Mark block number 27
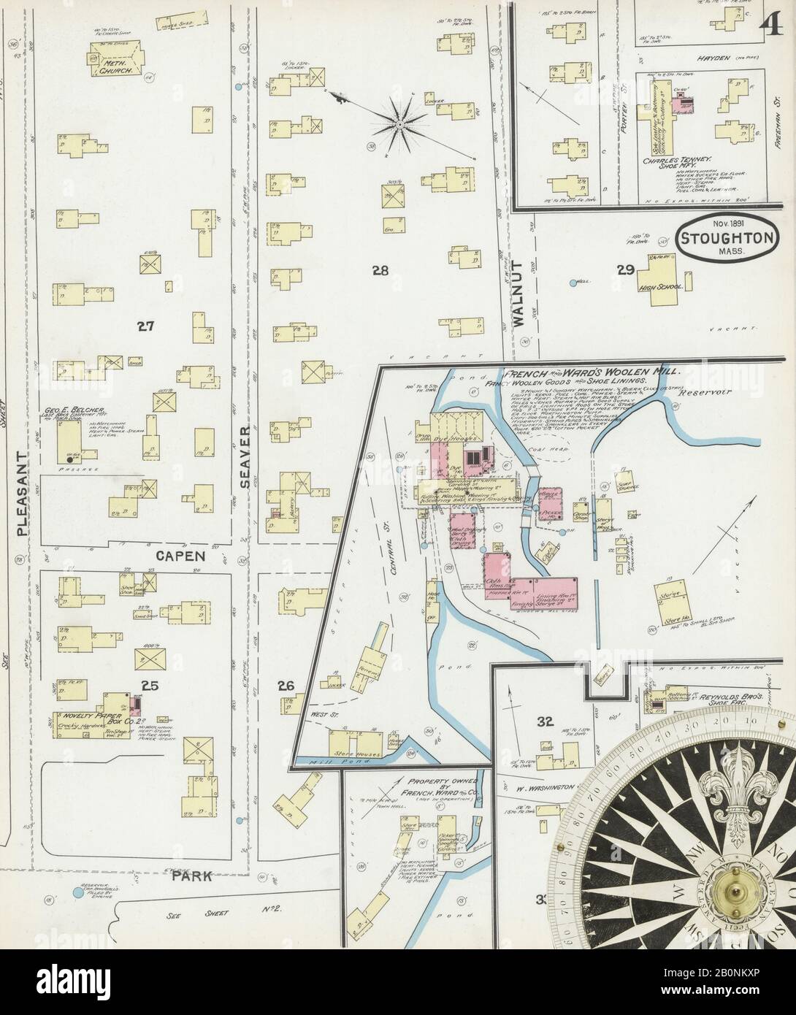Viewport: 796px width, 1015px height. tap(145, 326)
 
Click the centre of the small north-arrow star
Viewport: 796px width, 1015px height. tap(399, 126)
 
